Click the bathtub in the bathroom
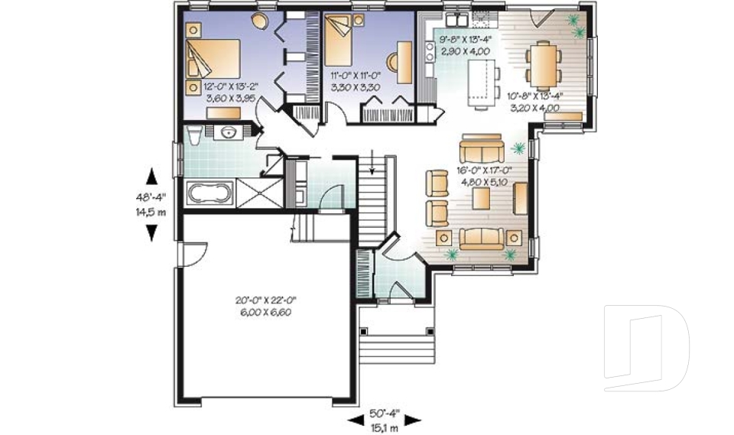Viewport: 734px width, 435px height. pos(209,192)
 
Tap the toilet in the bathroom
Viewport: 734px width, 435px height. pos(193,134)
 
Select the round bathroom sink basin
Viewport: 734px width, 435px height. pos(229,132)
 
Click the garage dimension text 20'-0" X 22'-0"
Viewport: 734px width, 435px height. pos(266,300)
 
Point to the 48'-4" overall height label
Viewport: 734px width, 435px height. pos(151,197)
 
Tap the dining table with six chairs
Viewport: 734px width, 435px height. pos(543,66)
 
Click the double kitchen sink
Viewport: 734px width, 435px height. pos(456,20)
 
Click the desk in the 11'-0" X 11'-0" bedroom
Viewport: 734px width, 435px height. pos(404,63)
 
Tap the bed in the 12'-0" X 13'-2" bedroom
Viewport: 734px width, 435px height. pos(213,59)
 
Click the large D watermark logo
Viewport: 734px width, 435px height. pos(646,348)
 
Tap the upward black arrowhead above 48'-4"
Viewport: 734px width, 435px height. pos(151,177)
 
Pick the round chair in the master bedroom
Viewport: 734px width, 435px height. pos(258,21)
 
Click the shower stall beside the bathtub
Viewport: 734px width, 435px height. pos(259,193)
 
